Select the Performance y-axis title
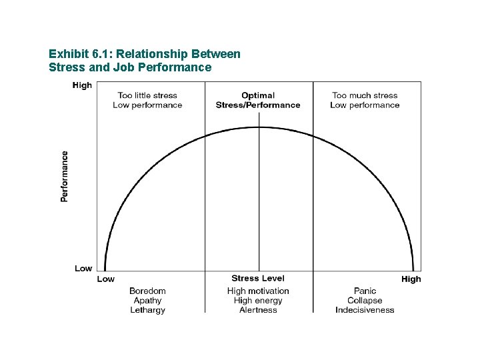click(65, 176)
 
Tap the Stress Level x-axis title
click(258, 278)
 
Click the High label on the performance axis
click(82, 85)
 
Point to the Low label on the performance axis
click(83, 268)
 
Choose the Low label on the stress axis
click(106, 279)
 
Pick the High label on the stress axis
click(411, 279)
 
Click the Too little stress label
click(147, 95)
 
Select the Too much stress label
click(365, 95)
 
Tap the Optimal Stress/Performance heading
click(258, 100)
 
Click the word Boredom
click(147, 291)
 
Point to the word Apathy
click(147, 300)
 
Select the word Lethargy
click(147, 310)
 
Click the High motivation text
click(258, 291)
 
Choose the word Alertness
click(258, 310)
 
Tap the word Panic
click(365, 291)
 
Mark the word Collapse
click(365, 300)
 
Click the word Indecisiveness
click(365, 310)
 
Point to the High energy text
click(258, 300)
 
